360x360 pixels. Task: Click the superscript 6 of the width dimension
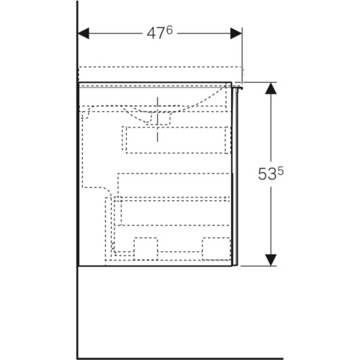(x=169, y=30)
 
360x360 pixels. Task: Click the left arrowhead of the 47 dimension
(x=84, y=33)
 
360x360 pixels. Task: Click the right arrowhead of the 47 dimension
(x=236, y=33)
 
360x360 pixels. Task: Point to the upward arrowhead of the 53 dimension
(x=271, y=88)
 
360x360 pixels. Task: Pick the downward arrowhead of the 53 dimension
(x=271, y=260)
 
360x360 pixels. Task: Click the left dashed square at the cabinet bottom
(x=146, y=248)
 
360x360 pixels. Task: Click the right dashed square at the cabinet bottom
(x=216, y=248)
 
